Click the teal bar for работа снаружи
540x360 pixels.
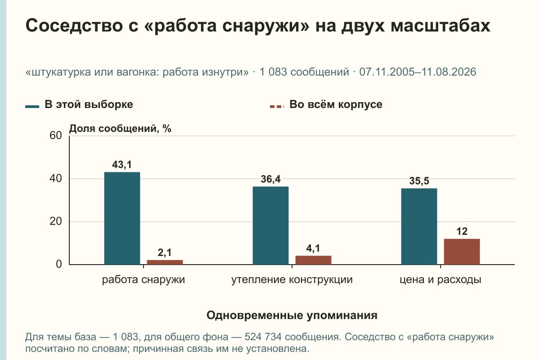click(122, 218)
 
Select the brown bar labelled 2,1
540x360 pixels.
click(165, 262)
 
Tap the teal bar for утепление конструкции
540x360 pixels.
click(270, 225)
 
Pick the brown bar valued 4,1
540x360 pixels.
click(313, 260)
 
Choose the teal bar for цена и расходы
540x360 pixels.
click(419, 226)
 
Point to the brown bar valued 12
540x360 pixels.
click(462, 252)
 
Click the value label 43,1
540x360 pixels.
click(122, 165)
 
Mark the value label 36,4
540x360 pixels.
click(270, 179)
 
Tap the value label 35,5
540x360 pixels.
click(419, 181)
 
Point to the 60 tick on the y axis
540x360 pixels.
click(56, 135)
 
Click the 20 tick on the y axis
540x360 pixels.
click(56, 221)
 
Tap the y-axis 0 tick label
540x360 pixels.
click(59, 265)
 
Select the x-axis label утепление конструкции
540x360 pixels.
click(292, 280)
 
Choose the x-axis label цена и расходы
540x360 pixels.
click(441, 280)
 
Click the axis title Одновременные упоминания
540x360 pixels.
click(292, 315)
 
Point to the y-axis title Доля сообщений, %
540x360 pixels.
click(120, 129)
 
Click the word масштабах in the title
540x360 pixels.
click(441, 26)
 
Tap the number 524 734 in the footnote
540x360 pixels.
click(263, 337)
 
